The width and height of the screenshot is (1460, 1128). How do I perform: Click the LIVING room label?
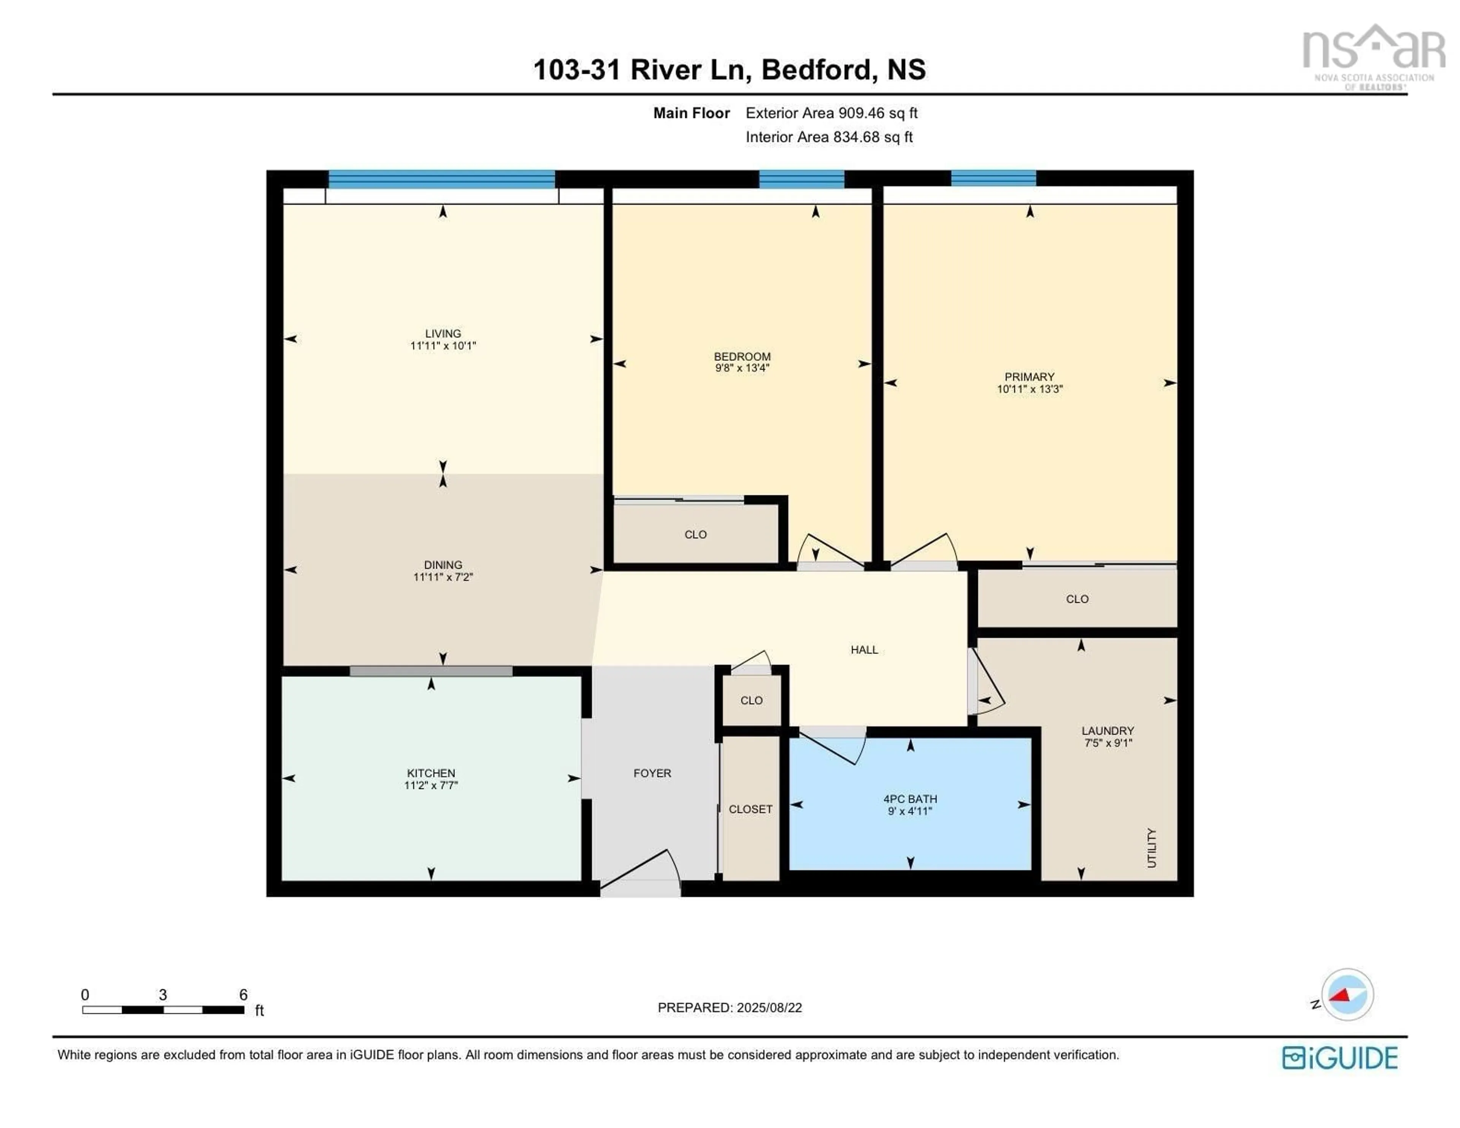coord(443,333)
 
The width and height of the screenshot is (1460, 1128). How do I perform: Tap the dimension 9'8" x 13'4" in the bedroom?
coord(742,368)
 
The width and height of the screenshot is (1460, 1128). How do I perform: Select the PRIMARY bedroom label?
coord(1029,376)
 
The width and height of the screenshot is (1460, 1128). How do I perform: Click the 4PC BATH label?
coord(910,799)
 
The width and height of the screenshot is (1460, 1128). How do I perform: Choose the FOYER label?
coord(652,773)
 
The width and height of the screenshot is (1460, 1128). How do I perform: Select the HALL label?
coord(864,650)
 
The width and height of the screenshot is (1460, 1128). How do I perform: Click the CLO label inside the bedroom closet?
coord(695,534)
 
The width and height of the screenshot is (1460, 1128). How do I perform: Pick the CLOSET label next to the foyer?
coord(750,809)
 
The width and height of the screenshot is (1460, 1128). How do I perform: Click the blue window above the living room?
coord(441,179)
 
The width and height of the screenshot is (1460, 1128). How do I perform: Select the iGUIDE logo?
coord(1340,1058)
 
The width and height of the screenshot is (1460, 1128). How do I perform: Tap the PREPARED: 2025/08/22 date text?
coord(729,1007)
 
